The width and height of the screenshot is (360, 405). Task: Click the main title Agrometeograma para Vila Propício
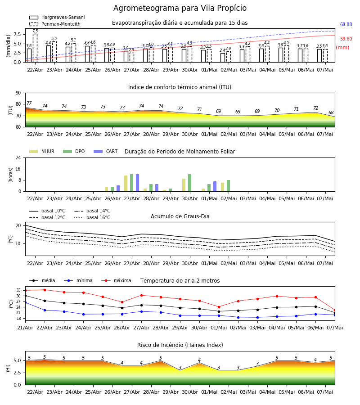180,8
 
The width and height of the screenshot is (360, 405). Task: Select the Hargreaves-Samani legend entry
57,17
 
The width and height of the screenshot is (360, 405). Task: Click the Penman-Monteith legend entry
55,24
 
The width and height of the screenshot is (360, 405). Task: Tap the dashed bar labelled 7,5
35,48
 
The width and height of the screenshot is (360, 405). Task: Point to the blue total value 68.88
346,25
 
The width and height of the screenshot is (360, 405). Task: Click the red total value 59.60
346,39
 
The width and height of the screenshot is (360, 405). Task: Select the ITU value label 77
29,103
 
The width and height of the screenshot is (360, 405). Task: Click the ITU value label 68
331,112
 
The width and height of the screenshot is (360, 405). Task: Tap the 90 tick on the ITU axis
18,93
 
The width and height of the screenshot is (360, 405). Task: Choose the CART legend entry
105,151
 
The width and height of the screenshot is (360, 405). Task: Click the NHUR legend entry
41,151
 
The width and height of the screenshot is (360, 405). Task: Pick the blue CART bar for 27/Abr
138,183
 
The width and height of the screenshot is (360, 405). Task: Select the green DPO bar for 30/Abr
190,183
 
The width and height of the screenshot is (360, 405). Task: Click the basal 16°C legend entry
92,217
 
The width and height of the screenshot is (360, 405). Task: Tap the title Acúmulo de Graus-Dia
180,216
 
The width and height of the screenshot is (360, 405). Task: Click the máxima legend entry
116,280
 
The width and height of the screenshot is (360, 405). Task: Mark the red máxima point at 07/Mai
335,310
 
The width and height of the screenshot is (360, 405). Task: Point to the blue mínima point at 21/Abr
25,302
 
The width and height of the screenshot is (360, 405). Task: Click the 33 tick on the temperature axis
18,290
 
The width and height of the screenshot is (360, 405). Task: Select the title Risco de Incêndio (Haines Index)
180,345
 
